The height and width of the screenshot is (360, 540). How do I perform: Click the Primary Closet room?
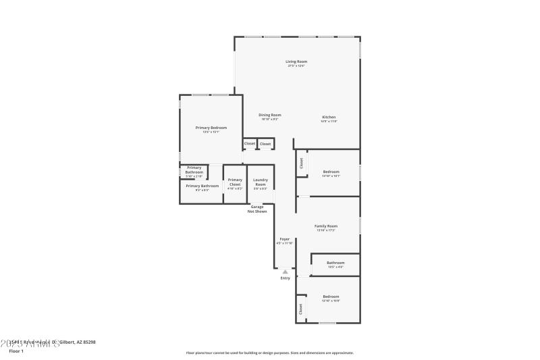coord(234,184)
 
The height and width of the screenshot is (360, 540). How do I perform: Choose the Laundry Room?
coord(260,184)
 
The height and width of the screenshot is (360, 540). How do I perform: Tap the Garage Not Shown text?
coord(257,209)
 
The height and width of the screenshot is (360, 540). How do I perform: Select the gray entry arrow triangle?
coord(285,272)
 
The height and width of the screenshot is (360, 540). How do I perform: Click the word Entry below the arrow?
coord(285,278)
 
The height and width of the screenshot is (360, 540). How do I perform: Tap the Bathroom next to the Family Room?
coord(335,264)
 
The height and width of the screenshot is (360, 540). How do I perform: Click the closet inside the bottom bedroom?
coord(300,309)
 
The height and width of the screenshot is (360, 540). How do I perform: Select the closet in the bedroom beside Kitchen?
coord(300,163)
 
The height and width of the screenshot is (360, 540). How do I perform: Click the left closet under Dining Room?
coord(250,143)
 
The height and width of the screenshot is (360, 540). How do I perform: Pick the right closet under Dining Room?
coord(265,143)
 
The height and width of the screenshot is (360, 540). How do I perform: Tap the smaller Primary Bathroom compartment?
coord(194,172)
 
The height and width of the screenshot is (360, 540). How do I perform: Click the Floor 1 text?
coord(16,351)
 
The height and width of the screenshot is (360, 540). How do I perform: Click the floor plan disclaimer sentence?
coord(269,353)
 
